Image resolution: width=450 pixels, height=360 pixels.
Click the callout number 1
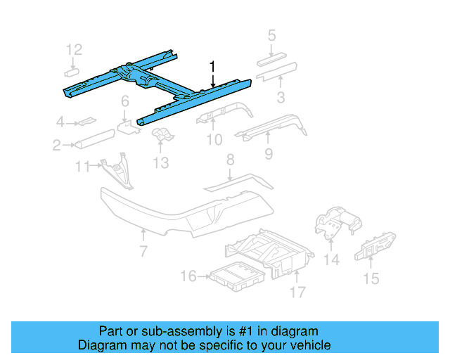(212, 67)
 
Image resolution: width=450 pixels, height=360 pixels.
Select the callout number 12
(75, 49)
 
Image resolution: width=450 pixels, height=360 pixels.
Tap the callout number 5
(272, 34)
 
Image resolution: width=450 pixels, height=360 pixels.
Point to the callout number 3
(280, 96)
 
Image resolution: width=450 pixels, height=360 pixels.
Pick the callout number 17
(297, 291)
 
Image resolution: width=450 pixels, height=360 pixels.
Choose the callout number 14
(331, 259)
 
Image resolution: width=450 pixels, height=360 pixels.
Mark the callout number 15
(371, 279)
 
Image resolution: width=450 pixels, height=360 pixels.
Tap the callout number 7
(143, 251)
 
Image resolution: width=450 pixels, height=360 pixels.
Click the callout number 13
(161, 163)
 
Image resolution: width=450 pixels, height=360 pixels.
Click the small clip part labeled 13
(162, 136)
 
